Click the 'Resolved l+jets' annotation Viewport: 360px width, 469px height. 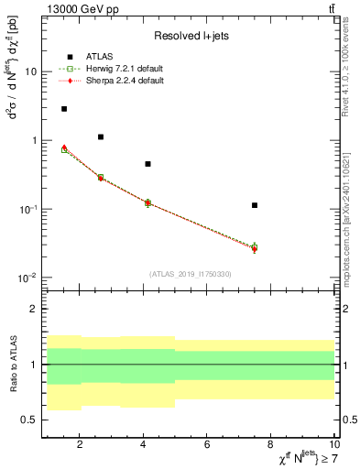191,36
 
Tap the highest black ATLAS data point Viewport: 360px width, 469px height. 64,109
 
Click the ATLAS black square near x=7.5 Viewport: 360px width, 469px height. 255,205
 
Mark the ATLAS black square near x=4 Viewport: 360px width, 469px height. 147,164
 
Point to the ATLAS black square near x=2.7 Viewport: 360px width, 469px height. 101,136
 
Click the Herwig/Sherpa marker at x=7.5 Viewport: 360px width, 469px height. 255,247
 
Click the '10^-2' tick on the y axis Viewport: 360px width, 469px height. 27,278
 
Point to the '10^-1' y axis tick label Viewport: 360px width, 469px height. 27,209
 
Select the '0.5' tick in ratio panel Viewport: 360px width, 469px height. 28,420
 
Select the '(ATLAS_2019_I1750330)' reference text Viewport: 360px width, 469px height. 191,274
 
